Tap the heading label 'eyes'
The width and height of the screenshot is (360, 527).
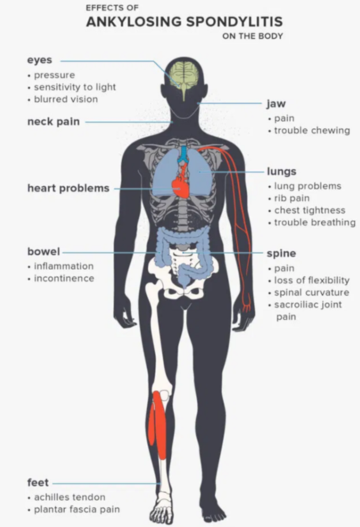pyautogui.click(x=40, y=60)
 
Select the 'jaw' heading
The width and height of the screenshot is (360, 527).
pyautogui.click(x=276, y=104)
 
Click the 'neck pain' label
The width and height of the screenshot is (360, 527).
pyautogui.click(x=54, y=121)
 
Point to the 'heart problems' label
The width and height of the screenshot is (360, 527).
pyautogui.click(x=68, y=188)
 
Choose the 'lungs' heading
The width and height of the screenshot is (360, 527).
pyautogui.click(x=282, y=172)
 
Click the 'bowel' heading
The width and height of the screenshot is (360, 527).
pyautogui.click(x=44, y=252)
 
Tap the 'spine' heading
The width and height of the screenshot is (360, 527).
pyautogui.click(x=282, y=253)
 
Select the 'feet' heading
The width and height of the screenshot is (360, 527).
pyautogui.click(x=38, y=483)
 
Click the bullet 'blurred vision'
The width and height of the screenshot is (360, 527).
pyautogui.click(x=66, y=99)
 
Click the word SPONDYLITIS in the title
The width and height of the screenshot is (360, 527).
pyautogui.click(x=234, y=22)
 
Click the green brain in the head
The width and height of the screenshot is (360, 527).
pyautogui.click(x=184, y=77)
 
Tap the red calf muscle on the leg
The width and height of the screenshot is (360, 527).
pyautogui.click(x=158, y=424)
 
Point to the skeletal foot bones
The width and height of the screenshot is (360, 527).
pyautogui.click(x=161, y=507)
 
